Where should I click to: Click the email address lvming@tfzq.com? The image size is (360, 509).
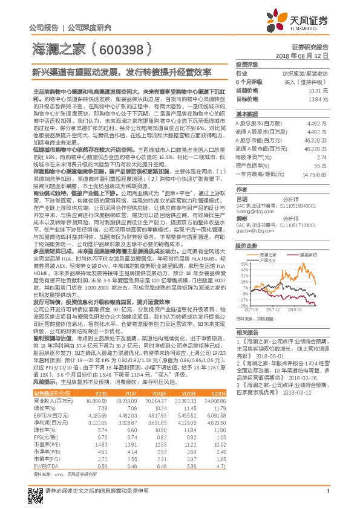point(253,212)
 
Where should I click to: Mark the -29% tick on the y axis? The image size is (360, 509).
point(242,306)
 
